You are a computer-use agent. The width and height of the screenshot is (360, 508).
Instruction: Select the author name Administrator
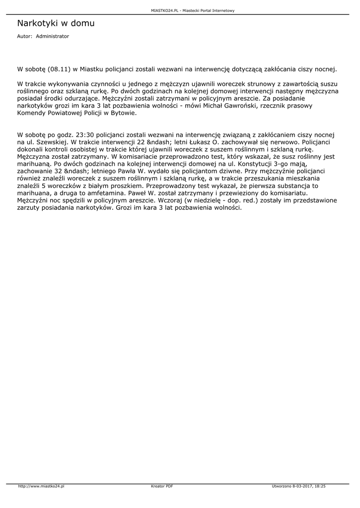(53, 36)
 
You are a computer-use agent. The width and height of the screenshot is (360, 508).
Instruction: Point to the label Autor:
(25, 36)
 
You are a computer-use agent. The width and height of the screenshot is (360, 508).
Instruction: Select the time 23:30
(82, 134)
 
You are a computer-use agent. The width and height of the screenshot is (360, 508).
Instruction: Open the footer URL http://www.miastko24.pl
(41, 486)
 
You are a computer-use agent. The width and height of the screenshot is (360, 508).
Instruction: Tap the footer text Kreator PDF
(162, 486)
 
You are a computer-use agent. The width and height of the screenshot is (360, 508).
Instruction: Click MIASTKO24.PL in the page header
(163, 10)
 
